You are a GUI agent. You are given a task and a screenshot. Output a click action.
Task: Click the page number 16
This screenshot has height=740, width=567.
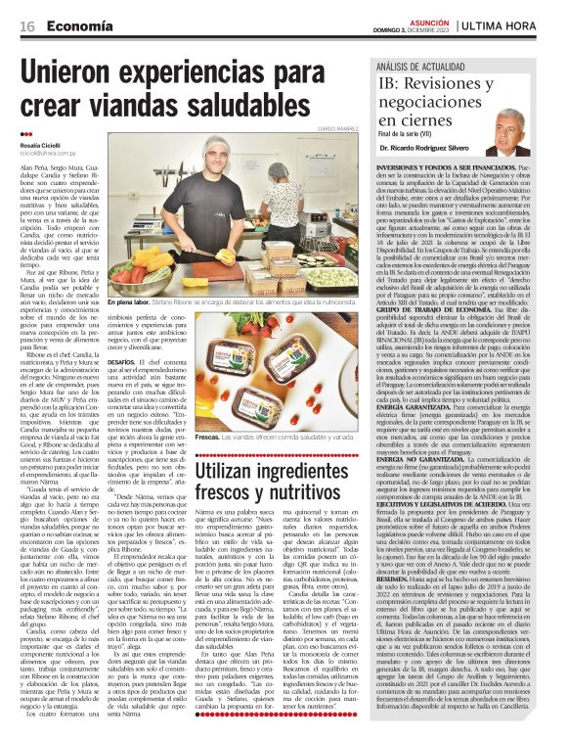click(26, 23)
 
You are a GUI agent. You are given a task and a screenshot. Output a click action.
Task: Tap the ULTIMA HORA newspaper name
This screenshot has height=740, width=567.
click(514, 23)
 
